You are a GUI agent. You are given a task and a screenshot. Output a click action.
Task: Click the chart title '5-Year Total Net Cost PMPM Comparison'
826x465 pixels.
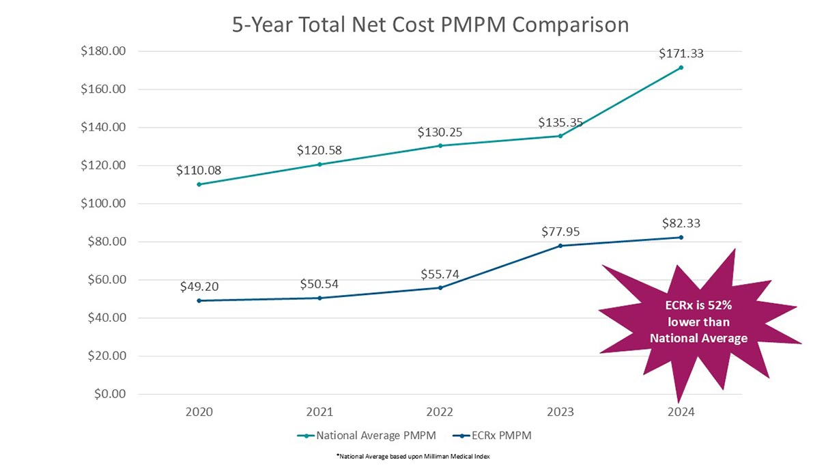click(x=430, y=25)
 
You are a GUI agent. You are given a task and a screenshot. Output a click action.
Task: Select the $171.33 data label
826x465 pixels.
click(x=681, y=53)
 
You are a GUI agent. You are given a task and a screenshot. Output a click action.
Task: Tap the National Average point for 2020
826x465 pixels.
click(x=199, y=184)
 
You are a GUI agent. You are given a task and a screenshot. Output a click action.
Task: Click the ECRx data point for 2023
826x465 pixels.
click(x=560, y=246)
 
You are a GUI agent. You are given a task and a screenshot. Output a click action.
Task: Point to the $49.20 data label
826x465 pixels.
click(x=199, y=287)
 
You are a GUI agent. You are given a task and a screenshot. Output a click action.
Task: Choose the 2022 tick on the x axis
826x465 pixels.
click(x=440, y=412)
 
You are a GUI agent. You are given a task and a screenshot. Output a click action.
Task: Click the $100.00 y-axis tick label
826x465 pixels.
click(x=103, y=203)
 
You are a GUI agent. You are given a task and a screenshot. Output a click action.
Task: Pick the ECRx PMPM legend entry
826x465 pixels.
click(x=492, y=436)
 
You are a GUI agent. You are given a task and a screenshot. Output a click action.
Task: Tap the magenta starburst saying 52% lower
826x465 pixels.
click(x=698, y=321)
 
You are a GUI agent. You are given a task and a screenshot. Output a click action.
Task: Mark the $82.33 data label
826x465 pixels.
click(x=681, y=223)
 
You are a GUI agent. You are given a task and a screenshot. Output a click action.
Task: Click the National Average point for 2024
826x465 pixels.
click(x=681, y=68)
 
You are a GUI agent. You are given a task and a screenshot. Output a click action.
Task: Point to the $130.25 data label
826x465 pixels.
click(x=440, y=132)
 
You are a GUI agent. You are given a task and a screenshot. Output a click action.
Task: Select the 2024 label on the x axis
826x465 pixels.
click(x=681, y=412)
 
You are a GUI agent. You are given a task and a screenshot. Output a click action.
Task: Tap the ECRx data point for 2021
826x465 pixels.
click(x=319, y=298)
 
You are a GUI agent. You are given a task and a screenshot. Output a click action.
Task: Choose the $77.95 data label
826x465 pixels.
click(x=560, y=231)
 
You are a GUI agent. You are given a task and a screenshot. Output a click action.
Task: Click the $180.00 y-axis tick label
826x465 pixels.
click(x=103, y=51)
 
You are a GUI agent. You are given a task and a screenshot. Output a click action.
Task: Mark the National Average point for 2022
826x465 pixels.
click(x=440, y=145)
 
